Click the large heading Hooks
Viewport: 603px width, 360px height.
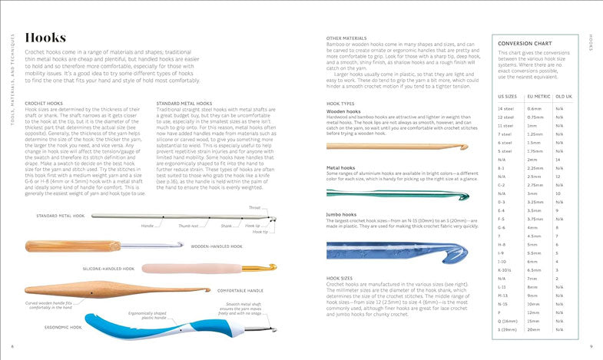(x=45, y=38)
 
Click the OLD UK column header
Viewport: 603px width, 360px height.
(x=563, y=96)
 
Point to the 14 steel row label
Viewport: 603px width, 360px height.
(x=506, y=109)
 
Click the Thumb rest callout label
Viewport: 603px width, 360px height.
(x=188, y=226)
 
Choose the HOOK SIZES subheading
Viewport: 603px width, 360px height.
(x=341, y=278)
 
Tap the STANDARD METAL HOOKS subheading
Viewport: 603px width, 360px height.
(x=184, y=102)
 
